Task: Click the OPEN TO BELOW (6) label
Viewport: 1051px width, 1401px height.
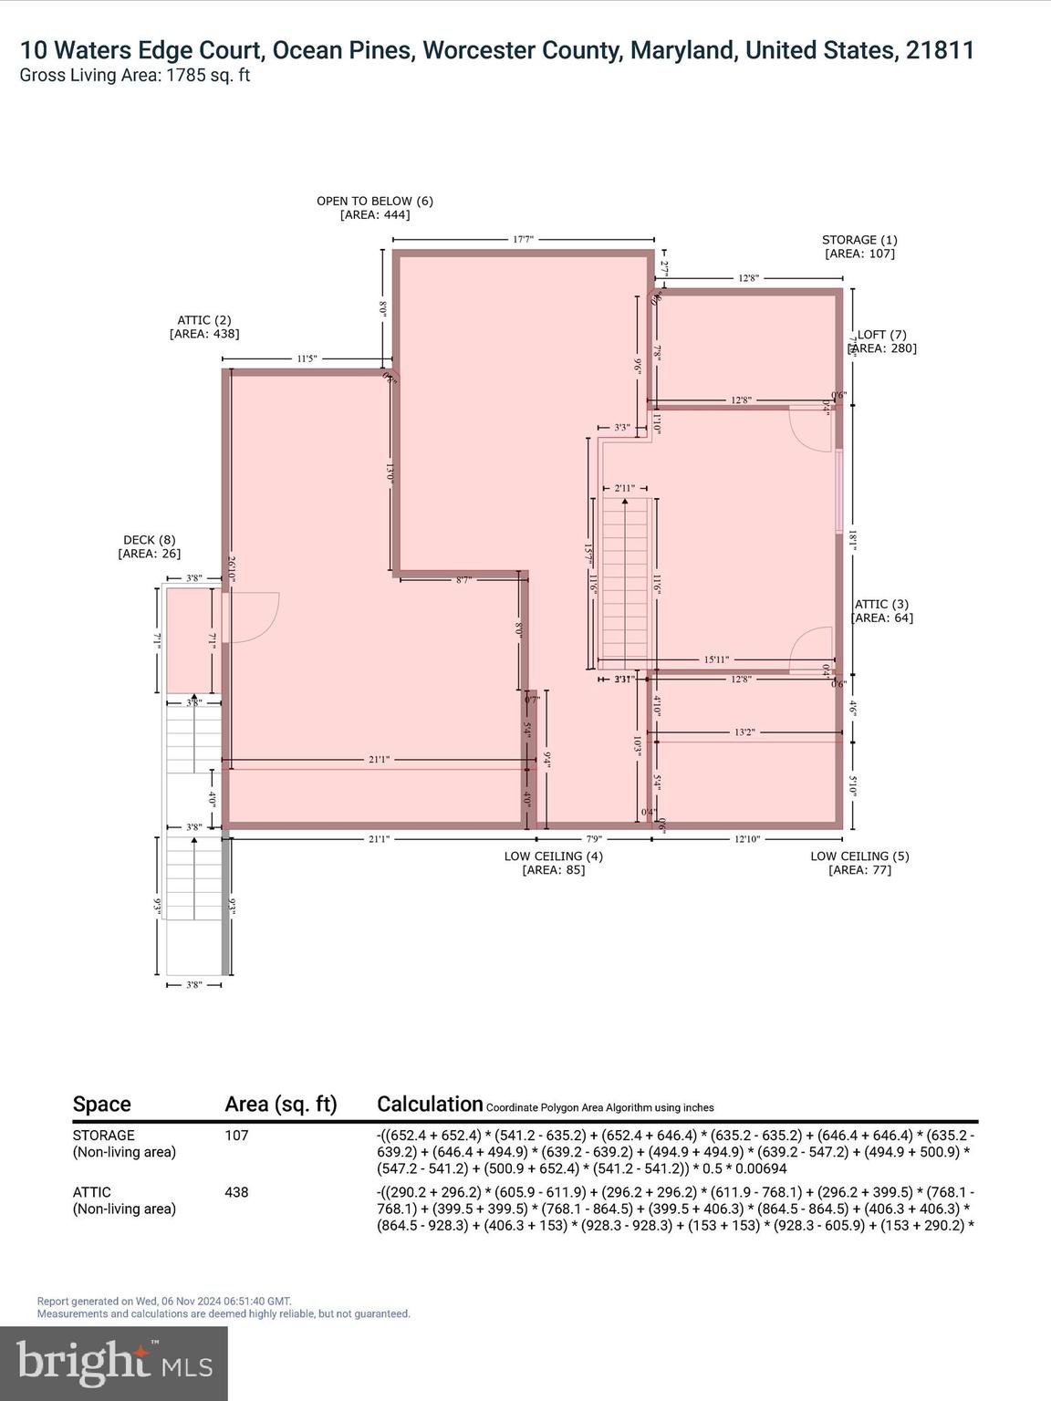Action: tap(375, 201)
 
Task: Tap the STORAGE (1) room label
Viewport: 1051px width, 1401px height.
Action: tap(859, 240)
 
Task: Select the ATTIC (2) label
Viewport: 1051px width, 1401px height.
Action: tap(204, 320)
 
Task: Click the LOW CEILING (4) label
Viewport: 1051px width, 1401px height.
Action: tap(553, 856)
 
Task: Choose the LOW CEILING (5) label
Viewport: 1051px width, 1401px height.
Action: tap(859, 856)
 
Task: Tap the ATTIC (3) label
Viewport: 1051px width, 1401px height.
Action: tap(881, 604)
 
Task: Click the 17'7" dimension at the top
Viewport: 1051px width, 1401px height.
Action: tap(523, 240)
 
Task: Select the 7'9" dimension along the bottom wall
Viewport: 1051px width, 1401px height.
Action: tap(593, 839)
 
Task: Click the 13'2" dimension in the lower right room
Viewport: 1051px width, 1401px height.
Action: tap(744, 732)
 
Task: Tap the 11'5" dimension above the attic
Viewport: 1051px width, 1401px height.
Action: tap(307, 359)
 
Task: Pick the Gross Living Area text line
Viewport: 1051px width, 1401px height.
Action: tap(135, 76)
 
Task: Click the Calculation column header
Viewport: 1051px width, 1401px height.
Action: tap(430, 1104)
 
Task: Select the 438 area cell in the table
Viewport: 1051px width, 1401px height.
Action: tap(236, 1192)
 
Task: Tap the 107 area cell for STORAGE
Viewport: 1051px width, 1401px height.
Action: tap(236, 1136)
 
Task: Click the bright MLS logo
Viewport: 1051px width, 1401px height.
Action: tap(114, 1364)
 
